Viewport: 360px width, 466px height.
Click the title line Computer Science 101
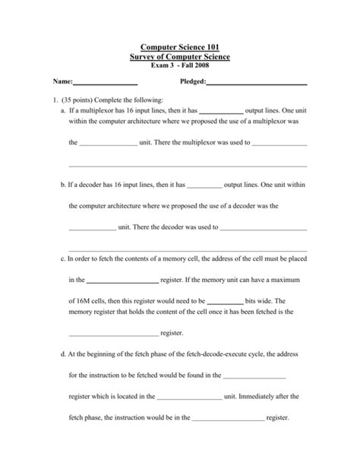(180, 47)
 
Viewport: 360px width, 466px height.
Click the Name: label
(62, 82)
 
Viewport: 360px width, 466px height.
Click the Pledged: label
(193, 82)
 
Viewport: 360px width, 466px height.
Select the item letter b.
(62, 184)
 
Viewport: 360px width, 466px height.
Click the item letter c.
(62, 258)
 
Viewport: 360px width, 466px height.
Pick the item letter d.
(62, 353)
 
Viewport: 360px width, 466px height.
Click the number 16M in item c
(85, 300)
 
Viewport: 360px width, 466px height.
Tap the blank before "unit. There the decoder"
(92, 227)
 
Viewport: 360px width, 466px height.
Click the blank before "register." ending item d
(229, 418)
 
